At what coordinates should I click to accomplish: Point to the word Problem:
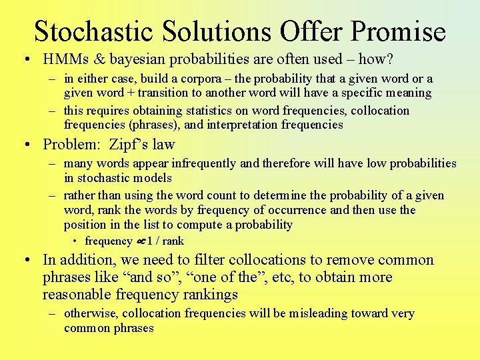coord(69,144)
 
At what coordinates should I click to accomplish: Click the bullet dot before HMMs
coord(24,60)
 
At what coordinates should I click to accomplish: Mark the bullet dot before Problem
coord(24,145)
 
